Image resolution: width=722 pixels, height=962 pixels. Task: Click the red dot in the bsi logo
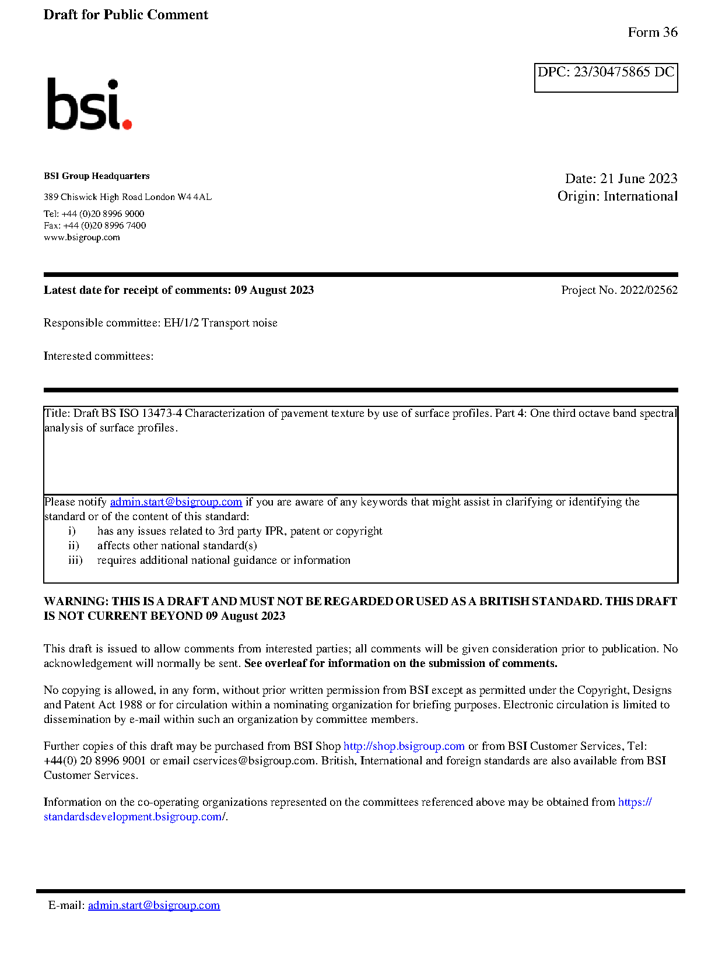(x=127, y=124)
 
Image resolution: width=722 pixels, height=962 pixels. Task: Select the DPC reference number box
(x=605, y=77)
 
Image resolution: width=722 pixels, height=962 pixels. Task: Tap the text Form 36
(x=652, y=33)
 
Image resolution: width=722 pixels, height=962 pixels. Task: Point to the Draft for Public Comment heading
(x=125, y=15)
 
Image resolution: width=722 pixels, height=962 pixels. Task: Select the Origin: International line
(x=617, y=196)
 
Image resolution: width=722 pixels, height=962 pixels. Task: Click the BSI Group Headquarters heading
(x=96, y=176)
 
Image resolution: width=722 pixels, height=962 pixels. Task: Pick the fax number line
(x=94, y=226)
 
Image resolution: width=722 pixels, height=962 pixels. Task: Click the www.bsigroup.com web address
(x=82, y=237)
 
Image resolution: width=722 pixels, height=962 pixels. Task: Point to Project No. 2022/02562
(x=619, y=290)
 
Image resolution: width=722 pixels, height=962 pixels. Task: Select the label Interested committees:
(x=99, y=356)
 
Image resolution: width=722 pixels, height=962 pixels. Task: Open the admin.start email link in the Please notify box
(x=176, y=502)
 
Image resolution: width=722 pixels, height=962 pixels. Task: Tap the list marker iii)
(x=75, y=560)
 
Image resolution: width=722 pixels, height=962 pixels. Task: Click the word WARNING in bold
(x=76, y=602)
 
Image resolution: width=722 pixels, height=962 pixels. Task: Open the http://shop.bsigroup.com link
(x=404, y=746)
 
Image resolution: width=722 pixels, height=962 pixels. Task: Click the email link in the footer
(x=154, y=905)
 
